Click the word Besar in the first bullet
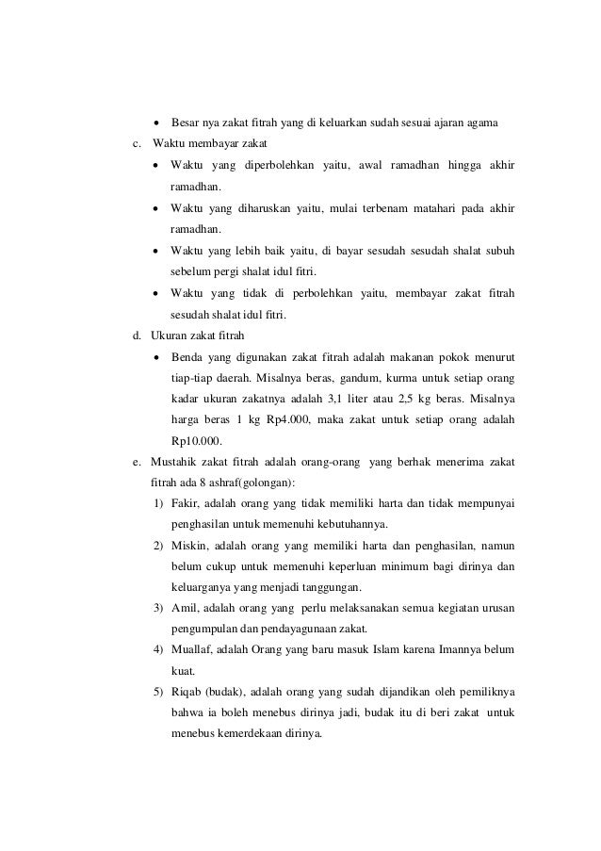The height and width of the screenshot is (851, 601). point(187,123)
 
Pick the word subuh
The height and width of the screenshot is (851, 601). point(498,250)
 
